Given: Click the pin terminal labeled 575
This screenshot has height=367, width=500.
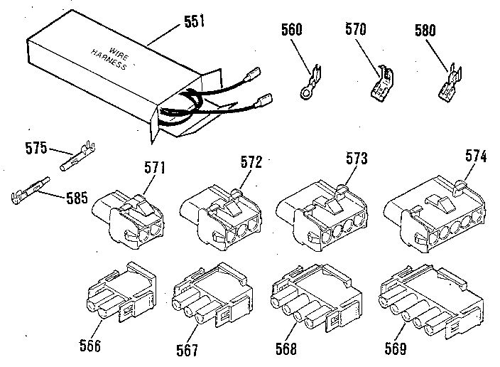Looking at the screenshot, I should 79,156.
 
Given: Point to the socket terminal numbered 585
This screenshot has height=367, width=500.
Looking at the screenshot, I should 27,192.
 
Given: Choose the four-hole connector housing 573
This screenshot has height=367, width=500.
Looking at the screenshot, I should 324,214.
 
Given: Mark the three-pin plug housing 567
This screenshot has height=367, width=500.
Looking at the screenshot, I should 210,295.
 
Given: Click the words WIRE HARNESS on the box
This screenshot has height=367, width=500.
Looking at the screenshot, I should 109,60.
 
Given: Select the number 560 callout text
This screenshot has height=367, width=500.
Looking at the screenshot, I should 291,29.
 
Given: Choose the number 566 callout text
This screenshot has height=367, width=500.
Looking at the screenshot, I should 91,346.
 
